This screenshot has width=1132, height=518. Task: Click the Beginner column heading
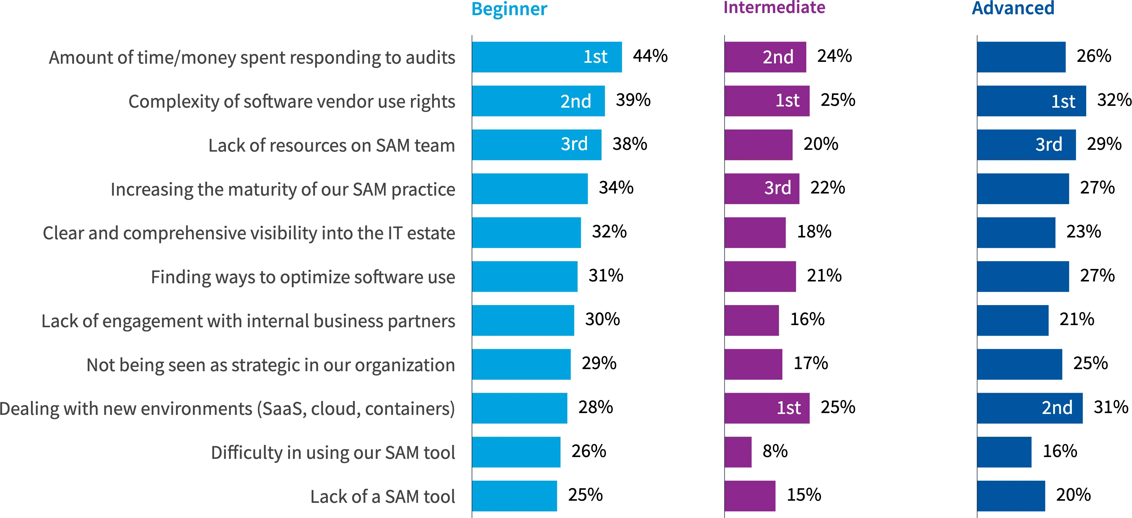[x=509, y=9]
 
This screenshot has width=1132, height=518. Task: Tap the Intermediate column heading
[x=774, y=8]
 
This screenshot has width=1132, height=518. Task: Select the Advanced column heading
[x=1013, y=8]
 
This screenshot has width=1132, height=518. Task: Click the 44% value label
[x=650, y=56]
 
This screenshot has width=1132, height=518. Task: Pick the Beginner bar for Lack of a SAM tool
[x=514, y=496]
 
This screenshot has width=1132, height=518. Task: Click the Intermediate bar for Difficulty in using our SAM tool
[x=738, y=452]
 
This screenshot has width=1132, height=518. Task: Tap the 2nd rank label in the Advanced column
[x=1057, y=408]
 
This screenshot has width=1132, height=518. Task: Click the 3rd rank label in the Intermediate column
[x=777, y=188]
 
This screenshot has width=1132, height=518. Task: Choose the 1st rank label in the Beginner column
[x=595, y=57]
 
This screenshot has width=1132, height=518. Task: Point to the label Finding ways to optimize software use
[x=303, y=277]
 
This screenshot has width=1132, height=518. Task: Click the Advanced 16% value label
[x=1060, y=451]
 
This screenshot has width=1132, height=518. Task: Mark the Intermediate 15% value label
[x=804, y=495]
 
